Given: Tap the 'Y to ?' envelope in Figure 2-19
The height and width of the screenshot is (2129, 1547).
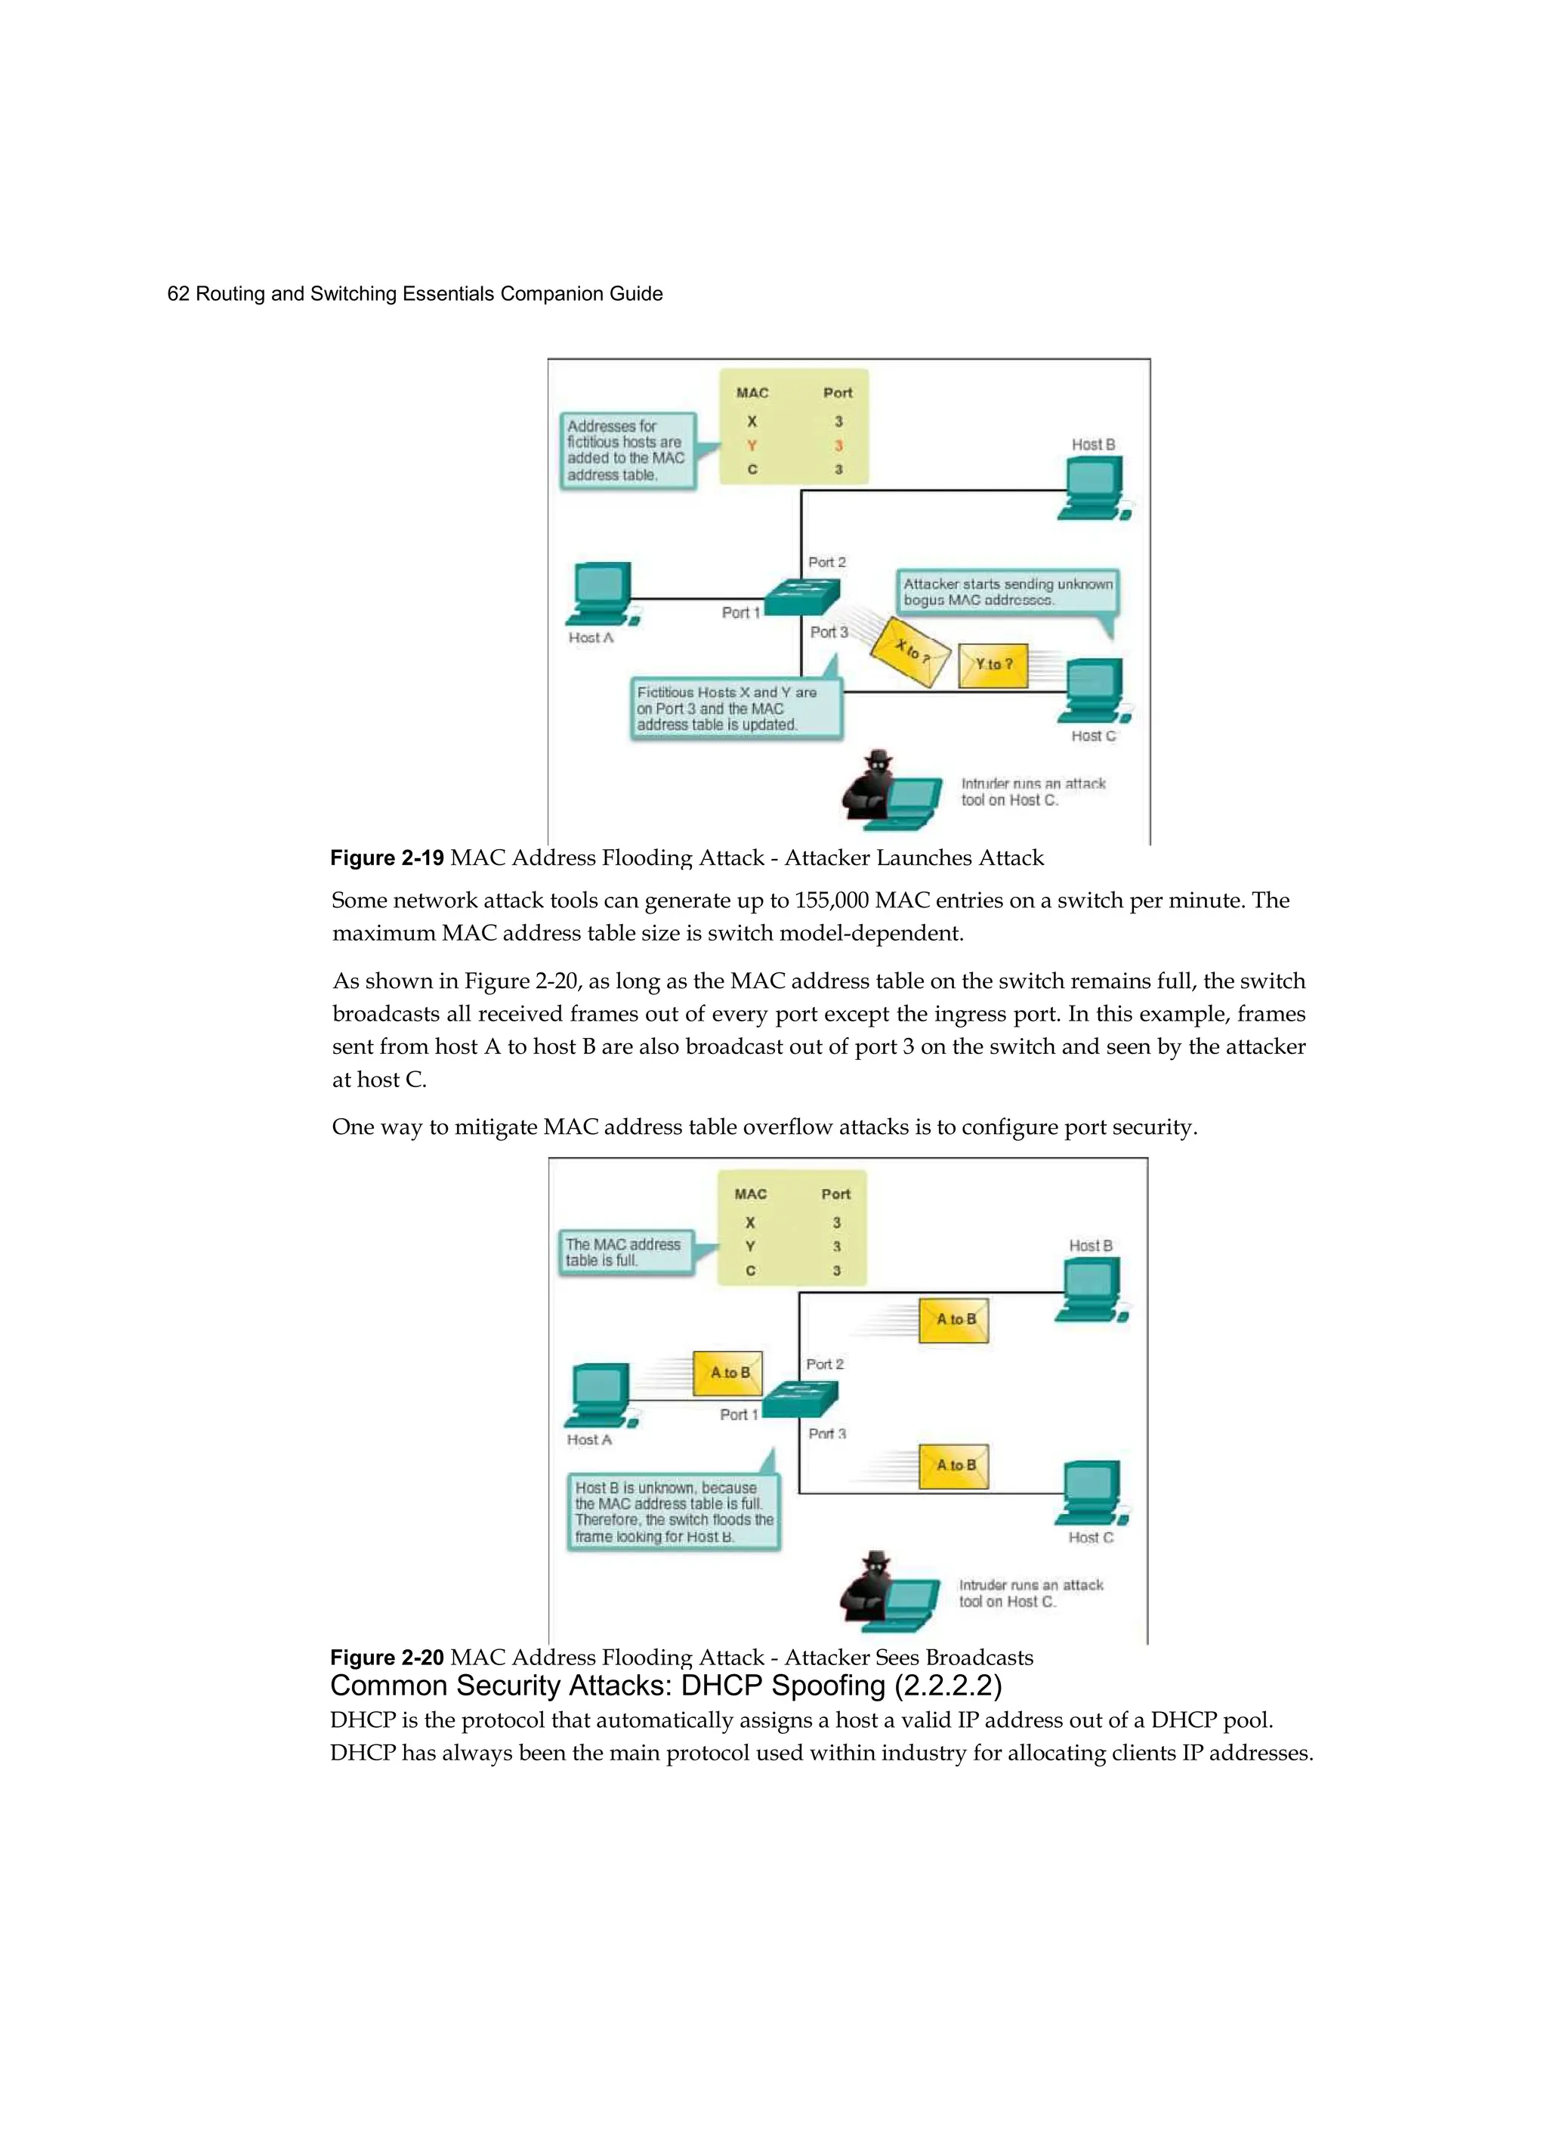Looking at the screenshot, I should coord(993,665).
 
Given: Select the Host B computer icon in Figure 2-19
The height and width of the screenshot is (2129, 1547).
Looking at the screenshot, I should coord(1094,488).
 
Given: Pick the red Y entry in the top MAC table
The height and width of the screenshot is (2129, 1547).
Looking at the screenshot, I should coord(752,446).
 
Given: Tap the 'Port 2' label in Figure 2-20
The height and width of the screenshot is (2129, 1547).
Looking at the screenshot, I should coord(824,1364).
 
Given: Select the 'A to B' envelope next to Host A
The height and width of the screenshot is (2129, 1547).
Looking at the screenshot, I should coord(728,1373).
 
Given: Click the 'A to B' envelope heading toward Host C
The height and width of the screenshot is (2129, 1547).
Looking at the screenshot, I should coord(954,1466).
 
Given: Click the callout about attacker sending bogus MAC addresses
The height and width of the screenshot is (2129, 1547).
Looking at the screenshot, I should coord(1007,592).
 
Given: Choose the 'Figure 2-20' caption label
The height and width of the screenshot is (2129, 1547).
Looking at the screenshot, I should coord(387,1658).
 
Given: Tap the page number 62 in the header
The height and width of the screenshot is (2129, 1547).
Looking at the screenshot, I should coord(178,294).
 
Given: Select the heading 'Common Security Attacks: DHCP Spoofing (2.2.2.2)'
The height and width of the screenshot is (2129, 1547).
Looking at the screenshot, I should coord(665,1686).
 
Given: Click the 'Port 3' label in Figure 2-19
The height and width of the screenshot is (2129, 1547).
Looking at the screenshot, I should coord(829,632).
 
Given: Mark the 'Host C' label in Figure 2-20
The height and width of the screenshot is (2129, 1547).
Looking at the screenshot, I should coord(1090,1537).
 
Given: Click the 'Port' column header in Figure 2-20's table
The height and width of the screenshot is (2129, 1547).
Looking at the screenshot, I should coord(835,1194).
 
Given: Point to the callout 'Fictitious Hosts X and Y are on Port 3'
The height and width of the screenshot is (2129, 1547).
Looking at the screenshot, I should coord(735,709).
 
